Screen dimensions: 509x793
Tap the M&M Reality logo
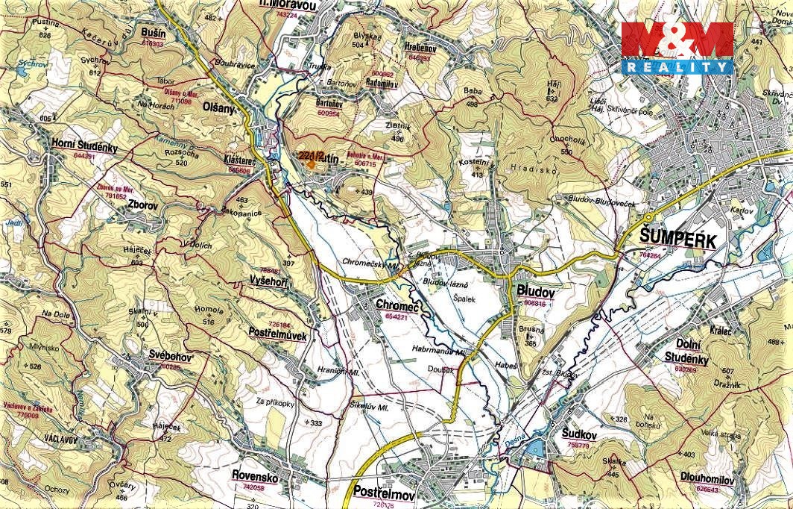[x=677, y=48]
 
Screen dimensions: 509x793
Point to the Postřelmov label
[x=385, y=494]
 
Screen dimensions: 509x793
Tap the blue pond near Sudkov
[x=534, y=448]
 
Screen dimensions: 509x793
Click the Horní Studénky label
[x=84, y=147]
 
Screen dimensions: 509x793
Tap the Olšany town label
[x=219, y=108]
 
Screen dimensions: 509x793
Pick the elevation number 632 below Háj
[x=552, y=99]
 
